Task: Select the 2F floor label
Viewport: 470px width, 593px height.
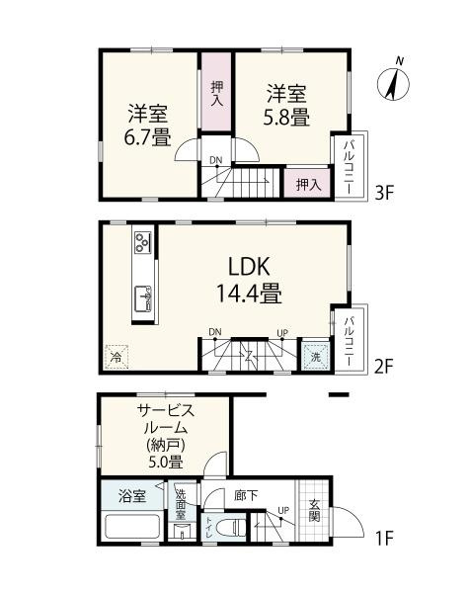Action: pos(388,367)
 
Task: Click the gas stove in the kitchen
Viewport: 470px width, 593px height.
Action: pos(143,241)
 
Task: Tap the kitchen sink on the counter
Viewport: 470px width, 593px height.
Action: pos(144,297)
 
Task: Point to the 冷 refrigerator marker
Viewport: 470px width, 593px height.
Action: pos(117,357)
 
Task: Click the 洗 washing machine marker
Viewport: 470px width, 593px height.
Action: pos(313,356)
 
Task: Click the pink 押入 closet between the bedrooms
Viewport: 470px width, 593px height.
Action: pos(216,90)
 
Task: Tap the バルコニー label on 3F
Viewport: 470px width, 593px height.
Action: pos(349,163)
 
